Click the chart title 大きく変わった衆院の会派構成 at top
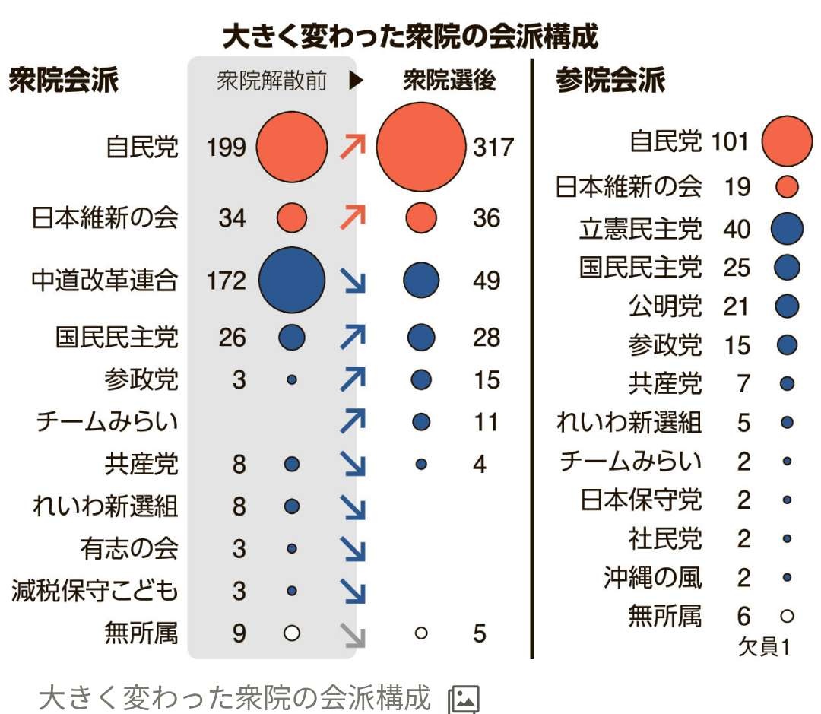tap(410, 36)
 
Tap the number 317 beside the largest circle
tap(493, 147)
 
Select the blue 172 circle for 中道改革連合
tap(292, 281)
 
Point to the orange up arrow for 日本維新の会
tap(353, 218)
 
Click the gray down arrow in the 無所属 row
tap(353, 633)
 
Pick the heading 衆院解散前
tap(271, 81)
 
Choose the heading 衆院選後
tap(449, 81)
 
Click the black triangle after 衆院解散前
tap(356, 81)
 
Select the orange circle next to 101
tap(787, 141)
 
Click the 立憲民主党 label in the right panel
tap(641, 229)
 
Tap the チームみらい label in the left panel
tap(107, 422)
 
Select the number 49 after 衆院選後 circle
tap(487, 281)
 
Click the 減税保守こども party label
tap(95, 590)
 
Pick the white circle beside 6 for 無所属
tap(787, 616)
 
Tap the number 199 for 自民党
tap(227, 147)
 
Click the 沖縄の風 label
tap(653, 577)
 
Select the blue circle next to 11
tap(421, 421)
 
